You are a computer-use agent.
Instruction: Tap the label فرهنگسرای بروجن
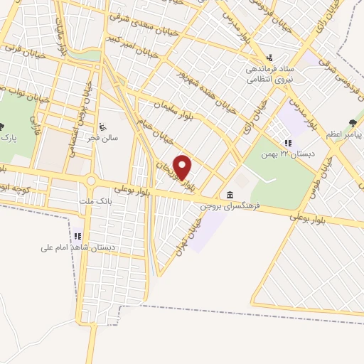(x=230, y=207)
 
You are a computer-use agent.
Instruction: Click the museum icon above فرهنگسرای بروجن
(x=230, y=196)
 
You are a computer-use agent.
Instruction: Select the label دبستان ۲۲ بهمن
(x=278, y=154)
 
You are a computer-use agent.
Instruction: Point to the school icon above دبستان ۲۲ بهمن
(x=289, y=142)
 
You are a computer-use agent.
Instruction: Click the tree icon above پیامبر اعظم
(x=353, y=122)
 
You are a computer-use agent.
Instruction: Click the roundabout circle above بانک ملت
(x=90, y=181)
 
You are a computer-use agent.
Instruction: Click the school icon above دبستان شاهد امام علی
(x=77, y=236)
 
